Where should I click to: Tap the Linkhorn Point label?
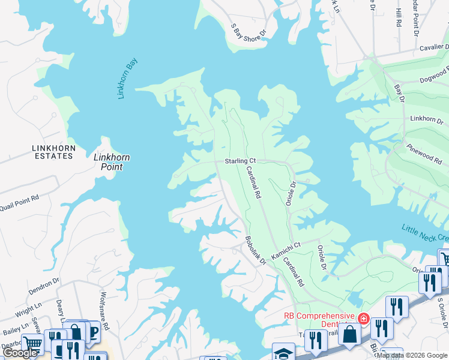(112, 162)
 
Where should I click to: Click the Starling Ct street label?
(240, 161)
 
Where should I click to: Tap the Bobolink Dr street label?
(255, 248)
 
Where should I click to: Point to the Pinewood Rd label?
(424, 154)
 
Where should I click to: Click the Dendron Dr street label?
(44, 284)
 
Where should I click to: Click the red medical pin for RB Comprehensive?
(363, 317)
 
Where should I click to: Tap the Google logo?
(20, 353)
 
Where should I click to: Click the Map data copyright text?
(412, 355)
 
